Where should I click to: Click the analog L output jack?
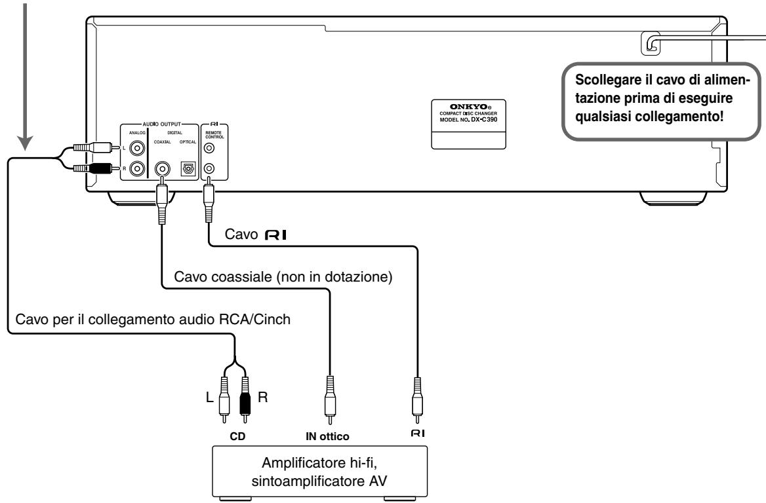click(x=137, y=148)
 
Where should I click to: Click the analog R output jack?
click(x=137, y=169)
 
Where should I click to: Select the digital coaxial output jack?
click(x=162, y=169)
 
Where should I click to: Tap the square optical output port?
click(x=188, y=169)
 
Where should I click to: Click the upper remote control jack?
click(x=209, y=148)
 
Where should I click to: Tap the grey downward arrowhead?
click(x=26, y=143)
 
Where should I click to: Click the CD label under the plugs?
click(x=237, y=436)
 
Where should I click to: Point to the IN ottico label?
click(x=327, y=436)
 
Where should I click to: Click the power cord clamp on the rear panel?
click(x=651, y=43)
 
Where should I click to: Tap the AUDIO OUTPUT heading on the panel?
click(x=162, y=124)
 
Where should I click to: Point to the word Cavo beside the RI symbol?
click(x=241, y=234)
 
